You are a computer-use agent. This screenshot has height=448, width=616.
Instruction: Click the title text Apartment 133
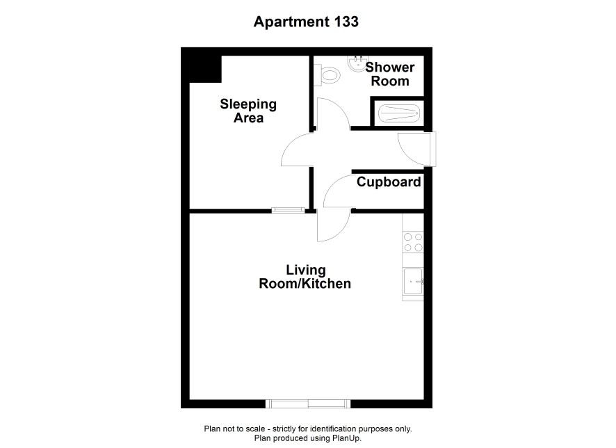click(x=306, y=22)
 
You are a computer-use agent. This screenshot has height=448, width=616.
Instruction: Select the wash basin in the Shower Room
click(x=357, y=65)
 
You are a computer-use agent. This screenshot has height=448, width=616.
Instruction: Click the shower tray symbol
click(x=399, y=113)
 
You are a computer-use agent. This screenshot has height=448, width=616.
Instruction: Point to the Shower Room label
click(x=390, y=74)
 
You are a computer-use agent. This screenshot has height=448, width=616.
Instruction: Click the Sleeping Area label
click(x=248, y=111)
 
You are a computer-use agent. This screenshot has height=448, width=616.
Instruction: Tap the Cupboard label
click(x=389, y=182)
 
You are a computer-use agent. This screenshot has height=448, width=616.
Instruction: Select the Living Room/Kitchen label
click(x=305, y=277)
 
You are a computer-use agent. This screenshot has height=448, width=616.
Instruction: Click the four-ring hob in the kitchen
click(x=413, y=242)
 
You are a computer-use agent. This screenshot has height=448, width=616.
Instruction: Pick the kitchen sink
click(x=413, y=281)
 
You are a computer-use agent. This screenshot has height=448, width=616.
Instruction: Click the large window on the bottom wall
click(x=308, y=403)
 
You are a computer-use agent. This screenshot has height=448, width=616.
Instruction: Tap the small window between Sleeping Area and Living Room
click(x=289, y=211)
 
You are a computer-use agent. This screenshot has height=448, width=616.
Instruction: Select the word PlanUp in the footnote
click(x=347, y=438)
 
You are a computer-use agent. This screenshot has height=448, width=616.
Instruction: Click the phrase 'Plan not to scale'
click(x=234, y=429)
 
